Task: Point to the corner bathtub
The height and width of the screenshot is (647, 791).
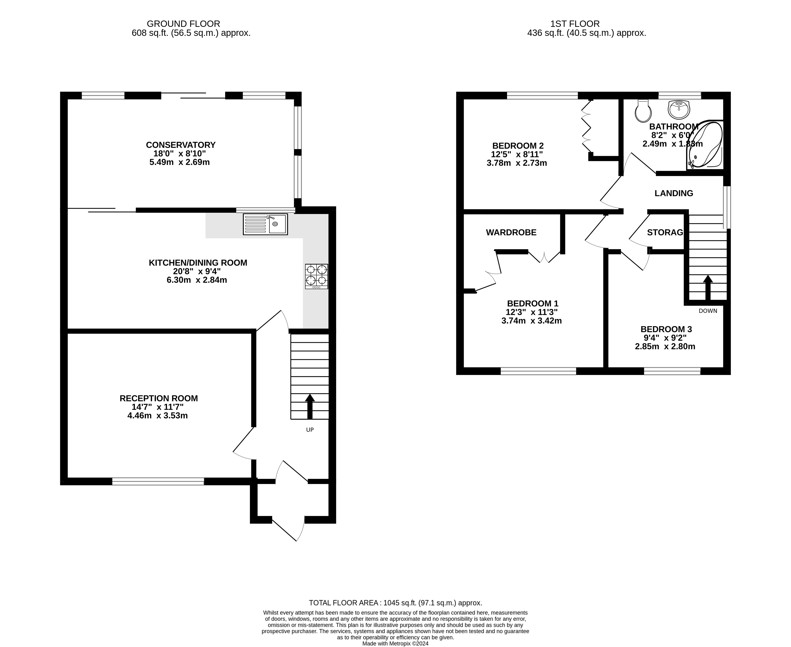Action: click(x=705, y=145)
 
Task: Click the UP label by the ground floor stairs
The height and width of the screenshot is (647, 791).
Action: click(x=310, y=430)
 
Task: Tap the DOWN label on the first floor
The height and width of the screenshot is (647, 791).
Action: click(x=708, y=311)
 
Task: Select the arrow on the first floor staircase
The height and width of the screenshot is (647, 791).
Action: click(x=708, y=287)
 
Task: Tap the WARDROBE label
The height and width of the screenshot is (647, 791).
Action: click(x=511, y=233)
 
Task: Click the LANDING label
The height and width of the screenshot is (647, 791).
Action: click(x=674, y=193)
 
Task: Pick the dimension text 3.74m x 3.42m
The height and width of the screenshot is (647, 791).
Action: click(x=531, y=321)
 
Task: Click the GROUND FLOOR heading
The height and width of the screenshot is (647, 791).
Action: click(x=183, y=24)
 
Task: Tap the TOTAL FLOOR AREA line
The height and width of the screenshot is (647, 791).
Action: click(x=395, y=603)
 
